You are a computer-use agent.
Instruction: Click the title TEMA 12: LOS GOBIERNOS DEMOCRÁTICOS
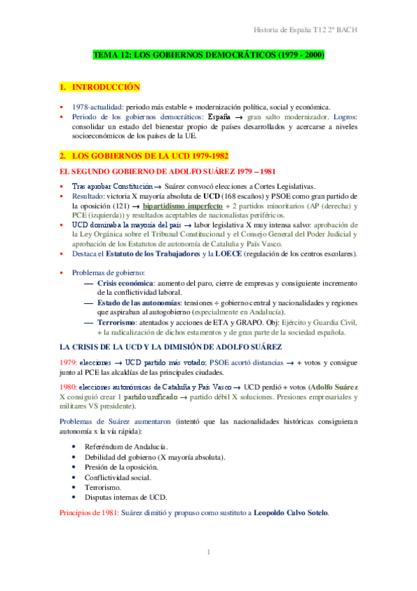point(210,54)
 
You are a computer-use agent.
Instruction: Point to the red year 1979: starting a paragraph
point(68,363)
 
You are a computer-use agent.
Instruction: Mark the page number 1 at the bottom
point(208,553)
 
